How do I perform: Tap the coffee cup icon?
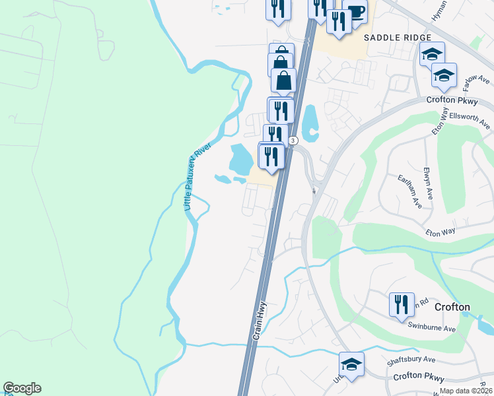click(355, 13)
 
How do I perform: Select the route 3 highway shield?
click(293, 141)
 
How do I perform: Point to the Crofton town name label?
click(452, 307)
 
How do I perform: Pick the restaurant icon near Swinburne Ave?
click(402, 305)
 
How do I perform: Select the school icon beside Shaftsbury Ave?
click(351, 364)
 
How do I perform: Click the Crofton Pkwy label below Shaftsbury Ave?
click(420, 378)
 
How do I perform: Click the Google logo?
click(22, 388)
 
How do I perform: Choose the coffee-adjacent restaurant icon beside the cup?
click(339, 22)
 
